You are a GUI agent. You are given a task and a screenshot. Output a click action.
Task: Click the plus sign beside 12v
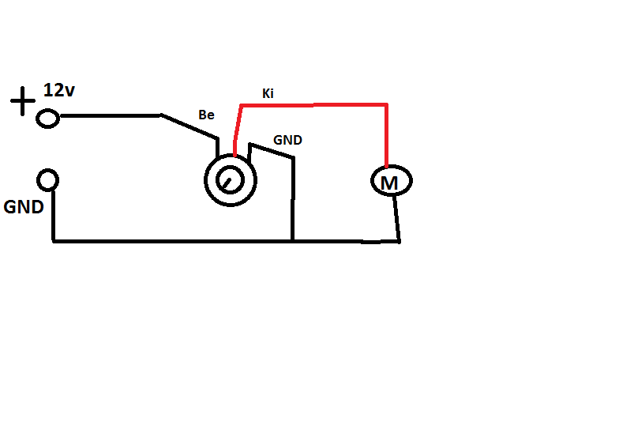22,101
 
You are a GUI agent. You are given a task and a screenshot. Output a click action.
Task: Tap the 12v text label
59,90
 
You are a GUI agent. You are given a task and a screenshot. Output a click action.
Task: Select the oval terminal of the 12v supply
47,119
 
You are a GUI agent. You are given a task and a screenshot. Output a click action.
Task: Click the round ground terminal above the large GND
48,180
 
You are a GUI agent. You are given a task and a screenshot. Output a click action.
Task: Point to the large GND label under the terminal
24,207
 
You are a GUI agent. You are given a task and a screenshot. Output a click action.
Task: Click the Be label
206,115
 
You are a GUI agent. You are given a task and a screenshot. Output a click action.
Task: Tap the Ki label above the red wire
268,94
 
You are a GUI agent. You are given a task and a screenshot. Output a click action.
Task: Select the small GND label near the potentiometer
287,140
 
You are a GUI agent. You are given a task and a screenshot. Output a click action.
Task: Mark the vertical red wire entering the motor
387,134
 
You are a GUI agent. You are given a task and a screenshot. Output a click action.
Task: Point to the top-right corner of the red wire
386,104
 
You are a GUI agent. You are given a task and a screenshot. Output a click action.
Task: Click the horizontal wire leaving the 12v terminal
111,116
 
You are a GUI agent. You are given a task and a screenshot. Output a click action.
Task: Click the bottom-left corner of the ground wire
54,239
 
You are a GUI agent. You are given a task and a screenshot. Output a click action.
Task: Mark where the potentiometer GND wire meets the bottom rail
293,239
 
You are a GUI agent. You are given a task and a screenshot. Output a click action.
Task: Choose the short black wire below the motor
397,218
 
